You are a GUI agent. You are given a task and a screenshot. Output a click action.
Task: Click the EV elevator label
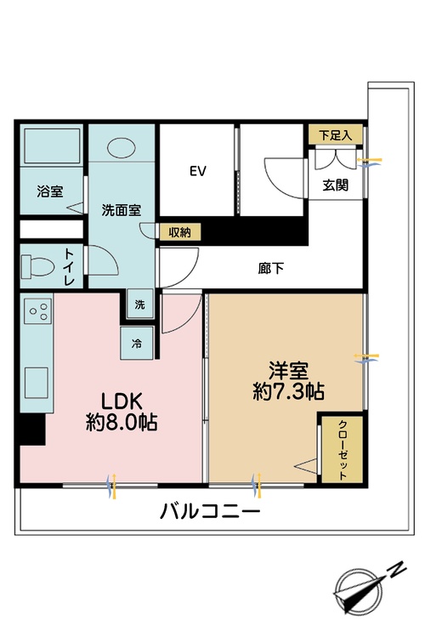tap(198, 171)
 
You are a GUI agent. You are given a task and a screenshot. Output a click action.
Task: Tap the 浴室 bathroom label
tap(49, 191)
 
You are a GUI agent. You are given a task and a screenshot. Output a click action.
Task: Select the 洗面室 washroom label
tap(121, 209)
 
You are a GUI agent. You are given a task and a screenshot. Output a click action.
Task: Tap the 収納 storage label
tap(178, 231)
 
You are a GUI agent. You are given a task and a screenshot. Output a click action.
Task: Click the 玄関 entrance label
tap(336, 185)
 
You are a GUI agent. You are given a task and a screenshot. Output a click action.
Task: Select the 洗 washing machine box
tap(139, 305)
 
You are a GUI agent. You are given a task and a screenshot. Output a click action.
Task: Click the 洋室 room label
tap(289, 371)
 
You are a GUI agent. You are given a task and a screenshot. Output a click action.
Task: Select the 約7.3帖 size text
tap(289, 392)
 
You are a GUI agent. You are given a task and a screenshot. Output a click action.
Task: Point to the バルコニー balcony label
tap(210, 512)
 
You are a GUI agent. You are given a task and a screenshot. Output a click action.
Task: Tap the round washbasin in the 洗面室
tap(121, 147)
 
